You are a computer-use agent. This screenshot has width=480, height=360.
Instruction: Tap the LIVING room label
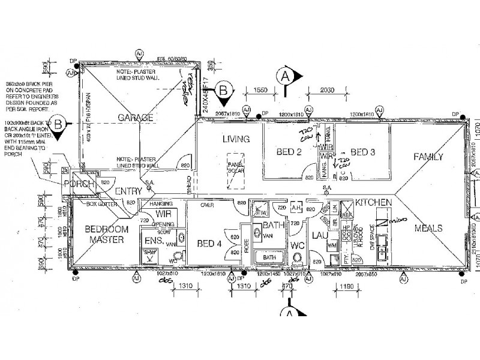coord(235,139)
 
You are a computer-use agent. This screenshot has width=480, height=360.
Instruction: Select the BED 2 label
coord(289,152)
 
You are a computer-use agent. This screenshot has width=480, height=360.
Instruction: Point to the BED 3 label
coord(362,152)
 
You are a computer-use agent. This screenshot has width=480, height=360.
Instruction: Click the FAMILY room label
coord(428,157)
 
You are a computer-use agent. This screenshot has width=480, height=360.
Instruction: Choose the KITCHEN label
coord(373,203)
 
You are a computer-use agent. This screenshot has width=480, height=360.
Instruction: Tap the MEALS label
coord(428,228)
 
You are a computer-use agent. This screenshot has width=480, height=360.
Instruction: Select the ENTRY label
coord(128,191)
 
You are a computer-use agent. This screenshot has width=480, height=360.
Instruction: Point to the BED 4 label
coord(209,243)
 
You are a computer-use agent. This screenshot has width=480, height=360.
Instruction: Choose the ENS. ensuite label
coord(151,241)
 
